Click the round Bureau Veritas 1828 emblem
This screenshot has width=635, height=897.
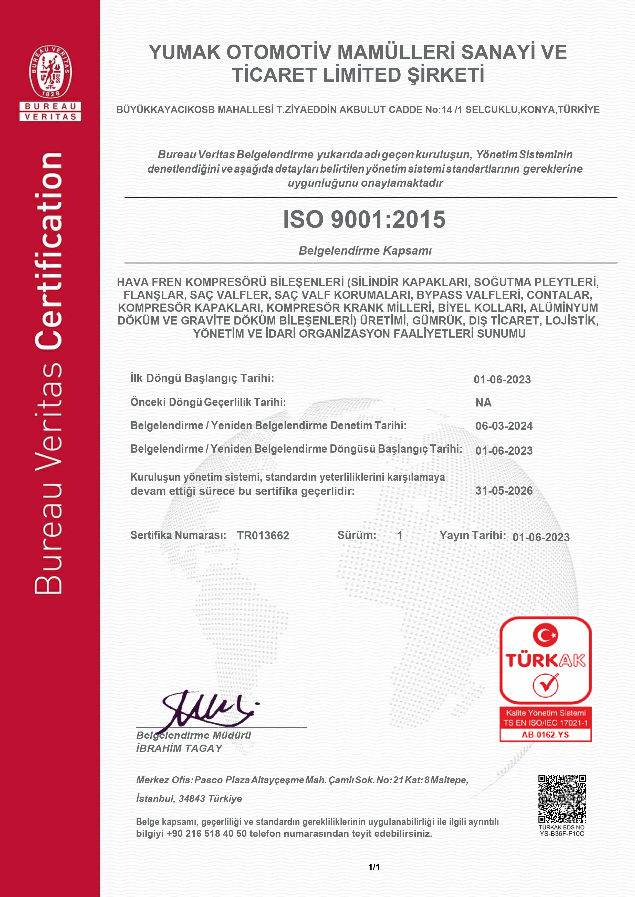pyautogui.click(x=50, y=71)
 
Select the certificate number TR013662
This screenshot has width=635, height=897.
pyautogui.click(x=263, y=535)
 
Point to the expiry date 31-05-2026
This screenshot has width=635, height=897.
pyautogui.click(x=504, y=491)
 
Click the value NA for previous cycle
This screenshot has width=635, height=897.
pyautogui.click(x=483, y=402)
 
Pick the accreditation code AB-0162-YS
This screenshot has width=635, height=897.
pyautogui.click(x=545, y=735)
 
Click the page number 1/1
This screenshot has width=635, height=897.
pyautogui.click(x=374, y=867)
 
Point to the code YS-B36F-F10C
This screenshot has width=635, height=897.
pyautogui.click(x=562, y=834)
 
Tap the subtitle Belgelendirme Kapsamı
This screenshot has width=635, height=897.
pyautogui.click(x=365, y=251)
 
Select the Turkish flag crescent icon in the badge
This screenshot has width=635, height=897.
pyautogui.click(x=545, y=635)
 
